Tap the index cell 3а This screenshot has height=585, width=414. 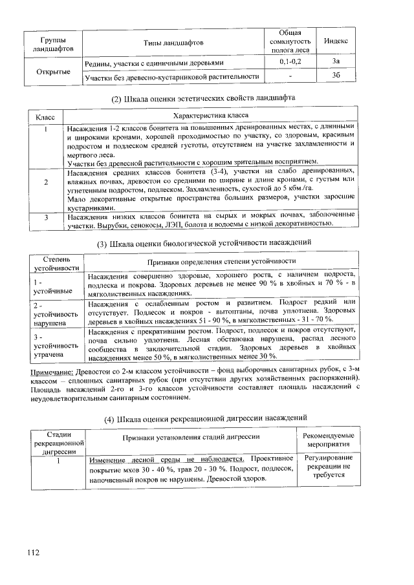335,61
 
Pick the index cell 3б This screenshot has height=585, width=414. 335,76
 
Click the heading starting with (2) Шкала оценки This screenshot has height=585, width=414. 204,97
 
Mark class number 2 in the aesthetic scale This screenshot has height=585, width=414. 47,182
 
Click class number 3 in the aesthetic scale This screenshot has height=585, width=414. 47,218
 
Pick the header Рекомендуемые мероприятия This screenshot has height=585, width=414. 329,440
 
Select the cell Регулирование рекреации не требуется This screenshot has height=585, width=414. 329,465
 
